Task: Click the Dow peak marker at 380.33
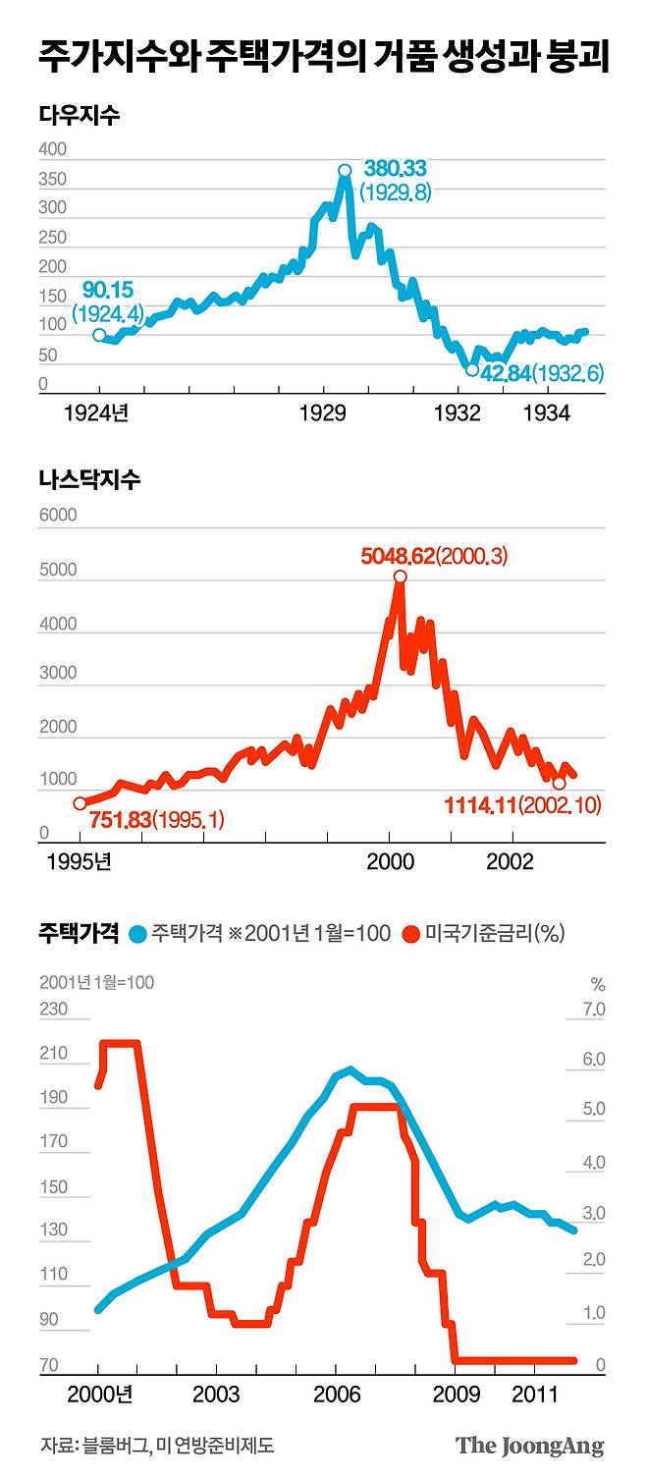(345, 170)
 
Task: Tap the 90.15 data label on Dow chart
(107, 291)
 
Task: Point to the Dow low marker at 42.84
(472, 370)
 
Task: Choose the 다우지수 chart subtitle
(80, 115)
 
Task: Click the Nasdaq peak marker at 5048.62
(400, 576)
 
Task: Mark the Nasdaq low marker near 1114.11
(559, 784)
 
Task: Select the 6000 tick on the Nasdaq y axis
(56, 516)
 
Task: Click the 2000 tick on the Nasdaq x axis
(390, 861)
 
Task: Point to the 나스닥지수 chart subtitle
(89, 480)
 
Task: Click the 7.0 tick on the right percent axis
(595, 1010)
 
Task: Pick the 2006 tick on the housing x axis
(336, 1394)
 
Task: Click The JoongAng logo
(529, 1446)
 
